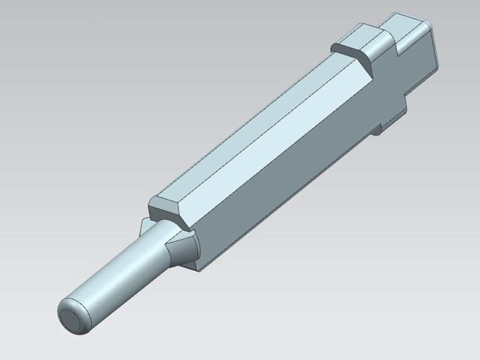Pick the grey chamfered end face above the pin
pos(166,211)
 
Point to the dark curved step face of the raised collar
pos(353,55)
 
